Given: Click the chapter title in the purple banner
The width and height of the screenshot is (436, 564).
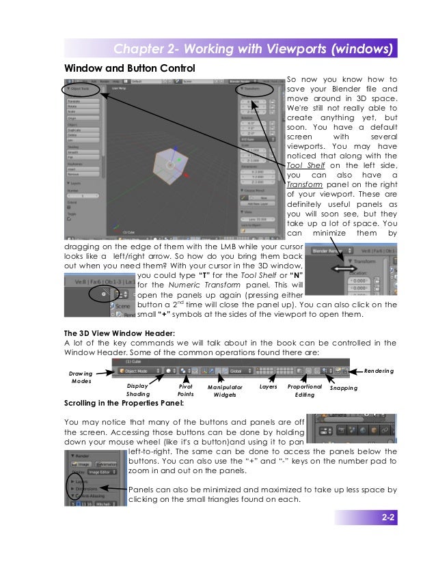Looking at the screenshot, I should tap(254, 50).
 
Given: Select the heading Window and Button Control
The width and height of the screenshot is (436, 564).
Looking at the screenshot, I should tap(129, 68).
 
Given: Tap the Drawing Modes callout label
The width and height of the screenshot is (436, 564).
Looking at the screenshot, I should tap(81, 377).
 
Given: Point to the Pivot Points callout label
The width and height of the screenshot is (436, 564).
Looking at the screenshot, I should tap(185, 390).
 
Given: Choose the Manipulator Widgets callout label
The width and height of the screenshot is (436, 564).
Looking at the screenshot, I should tap(226, 391).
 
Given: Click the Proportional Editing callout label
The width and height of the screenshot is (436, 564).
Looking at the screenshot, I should tap(305, 390).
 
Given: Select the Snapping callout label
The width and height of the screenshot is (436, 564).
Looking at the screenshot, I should tap(344, 388).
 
